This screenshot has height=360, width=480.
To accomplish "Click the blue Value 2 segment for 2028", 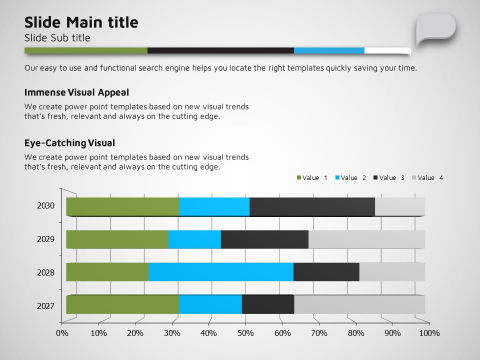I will pyautogui.click(x=220, y=272).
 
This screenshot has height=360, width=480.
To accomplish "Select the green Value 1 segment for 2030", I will pyautogui.click(x=122, y=207).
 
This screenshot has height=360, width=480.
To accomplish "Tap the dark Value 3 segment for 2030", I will pyautogui.click(x=312, y=207).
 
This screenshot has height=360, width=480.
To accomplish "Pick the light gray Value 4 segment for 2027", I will pyautogui.click(x=359, y=304).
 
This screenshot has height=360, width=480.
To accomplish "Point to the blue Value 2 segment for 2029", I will pyautogui.click(x=194, y=239).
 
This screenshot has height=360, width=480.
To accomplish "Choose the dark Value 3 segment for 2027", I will pyautogui.click(x=268, y=304).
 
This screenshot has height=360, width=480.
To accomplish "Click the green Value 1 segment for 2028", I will pyautogui.click(x=107, y=272).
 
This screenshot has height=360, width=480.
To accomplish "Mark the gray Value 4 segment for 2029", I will pyautogui.click(x=366, y=239).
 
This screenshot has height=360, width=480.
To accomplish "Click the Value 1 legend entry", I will pyautogui.click(x=312, y=178).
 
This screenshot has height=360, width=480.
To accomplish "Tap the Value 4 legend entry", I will pyautogui.click(x=427, y=178).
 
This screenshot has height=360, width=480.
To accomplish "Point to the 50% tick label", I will pyautogui.click(x=245, y=333).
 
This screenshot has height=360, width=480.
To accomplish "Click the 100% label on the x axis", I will pyautogui.click(x=428, y=333).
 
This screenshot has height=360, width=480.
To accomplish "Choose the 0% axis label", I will pyautogui.click(x=62, y=333).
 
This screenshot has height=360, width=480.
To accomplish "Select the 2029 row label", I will pyautogui.click(x=45, y=239).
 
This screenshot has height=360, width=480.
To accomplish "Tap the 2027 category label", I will pyautogui.click(x=45, y=306).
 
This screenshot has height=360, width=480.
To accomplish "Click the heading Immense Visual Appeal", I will pyautogui.click(x=76, y=92).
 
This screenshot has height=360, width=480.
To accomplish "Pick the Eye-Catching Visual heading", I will pyautogui.click(x=69, y=143).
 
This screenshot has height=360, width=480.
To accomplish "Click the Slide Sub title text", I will pyautogui.click(x=57, y=38).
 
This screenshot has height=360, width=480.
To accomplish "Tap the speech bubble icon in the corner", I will pyautogui.click(x=435, y=28).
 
